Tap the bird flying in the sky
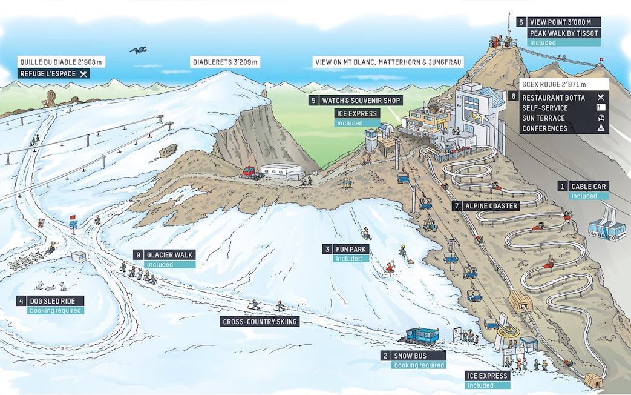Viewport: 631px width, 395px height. coord(138,50)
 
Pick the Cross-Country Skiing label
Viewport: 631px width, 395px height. coord(260,322)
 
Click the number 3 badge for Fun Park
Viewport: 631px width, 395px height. coord(327,249)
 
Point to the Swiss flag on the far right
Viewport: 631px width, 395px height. coord(601,60)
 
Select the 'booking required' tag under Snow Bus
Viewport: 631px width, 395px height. coord(419,365)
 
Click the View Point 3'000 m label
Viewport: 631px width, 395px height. coord(565,22)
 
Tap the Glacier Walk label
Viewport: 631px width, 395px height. coord(169,255)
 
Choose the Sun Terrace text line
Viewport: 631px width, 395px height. coord(543,118)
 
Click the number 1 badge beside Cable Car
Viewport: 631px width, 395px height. coord(563,187)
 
